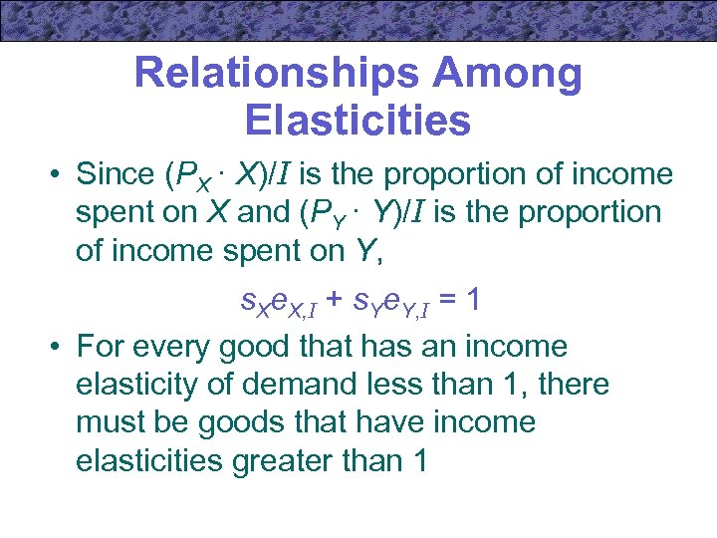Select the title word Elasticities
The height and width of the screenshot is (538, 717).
coord(357,121)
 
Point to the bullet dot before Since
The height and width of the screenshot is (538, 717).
coord(58,175)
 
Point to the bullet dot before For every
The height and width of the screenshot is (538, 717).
coord(58,348)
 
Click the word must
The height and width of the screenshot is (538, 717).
coord(110,422)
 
